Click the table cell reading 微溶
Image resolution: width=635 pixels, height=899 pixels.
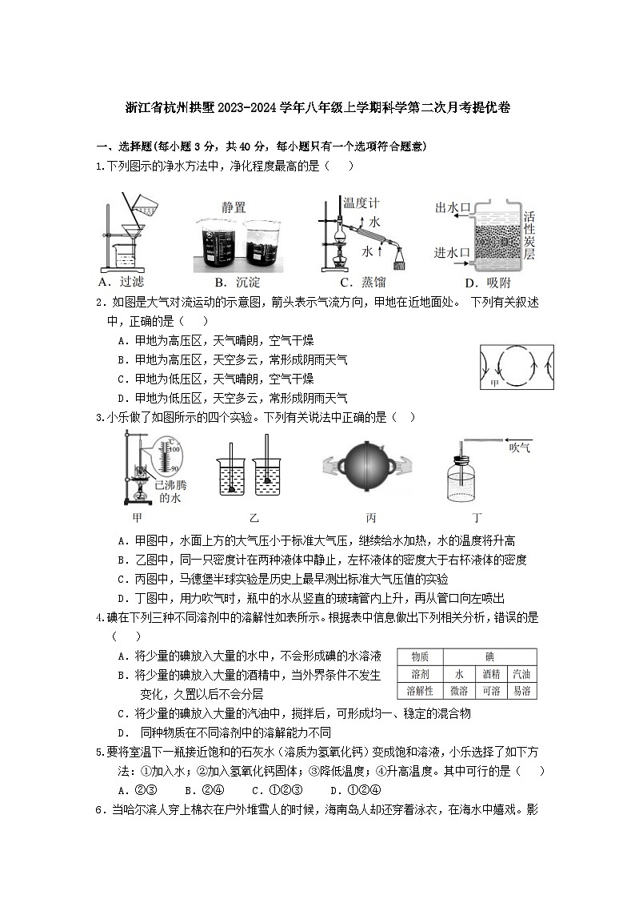point(459,690)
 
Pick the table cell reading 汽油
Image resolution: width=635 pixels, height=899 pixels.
point(521,673)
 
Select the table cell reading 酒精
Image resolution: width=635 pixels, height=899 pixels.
point(491,673)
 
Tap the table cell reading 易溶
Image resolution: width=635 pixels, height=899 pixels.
point(521,690)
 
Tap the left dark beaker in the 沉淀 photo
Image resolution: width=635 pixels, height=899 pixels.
point(218,243)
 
